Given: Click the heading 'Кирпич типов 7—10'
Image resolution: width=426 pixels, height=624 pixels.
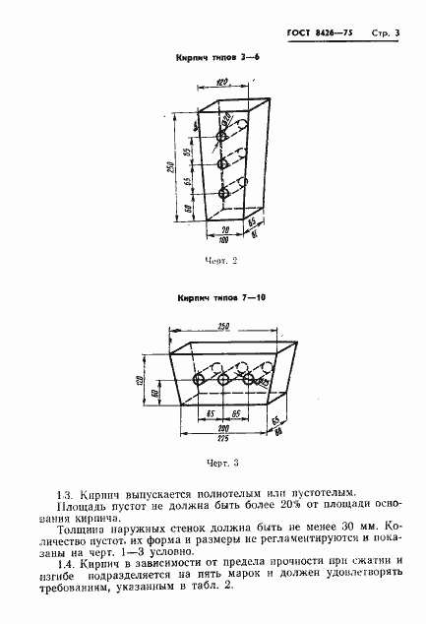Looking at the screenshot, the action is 221,297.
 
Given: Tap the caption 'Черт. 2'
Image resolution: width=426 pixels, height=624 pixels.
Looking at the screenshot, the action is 222,261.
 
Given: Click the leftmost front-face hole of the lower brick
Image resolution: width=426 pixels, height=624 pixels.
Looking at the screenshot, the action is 201,380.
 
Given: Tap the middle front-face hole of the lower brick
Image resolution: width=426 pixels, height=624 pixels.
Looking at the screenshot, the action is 225,380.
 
